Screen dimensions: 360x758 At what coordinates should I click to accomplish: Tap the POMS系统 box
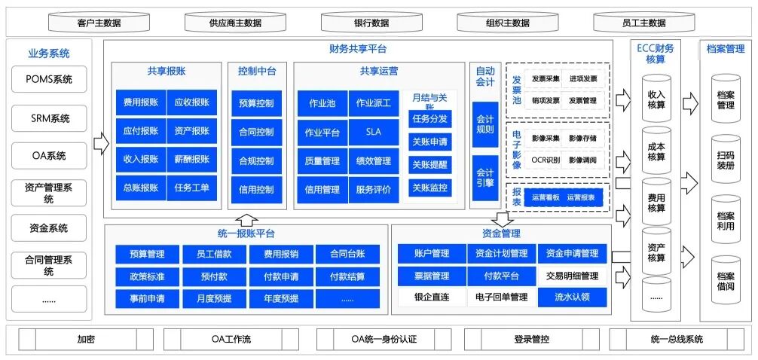[x=49, y=79]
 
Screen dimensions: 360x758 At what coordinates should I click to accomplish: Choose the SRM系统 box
[x=49, y=117]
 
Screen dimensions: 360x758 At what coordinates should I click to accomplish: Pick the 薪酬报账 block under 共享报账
[x=192, y=159]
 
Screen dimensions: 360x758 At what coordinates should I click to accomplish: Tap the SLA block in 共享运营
[x=374, y=132]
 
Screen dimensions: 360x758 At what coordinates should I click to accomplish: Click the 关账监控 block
[x=429, y=187]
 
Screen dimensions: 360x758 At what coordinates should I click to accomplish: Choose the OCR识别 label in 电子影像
[x=545, y=160]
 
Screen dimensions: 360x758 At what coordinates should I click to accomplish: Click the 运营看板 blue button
[x=545, y=197]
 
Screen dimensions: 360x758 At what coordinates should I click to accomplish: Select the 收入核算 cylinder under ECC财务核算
[x=656, y=99]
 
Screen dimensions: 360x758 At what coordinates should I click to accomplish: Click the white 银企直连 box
[x=432, y=297]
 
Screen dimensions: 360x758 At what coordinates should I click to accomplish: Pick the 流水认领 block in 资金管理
[x=572, y=297]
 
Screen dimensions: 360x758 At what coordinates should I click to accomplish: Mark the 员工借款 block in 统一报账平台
[x=205, y=254]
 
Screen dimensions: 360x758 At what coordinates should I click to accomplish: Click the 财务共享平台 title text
[x=358, y=49]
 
